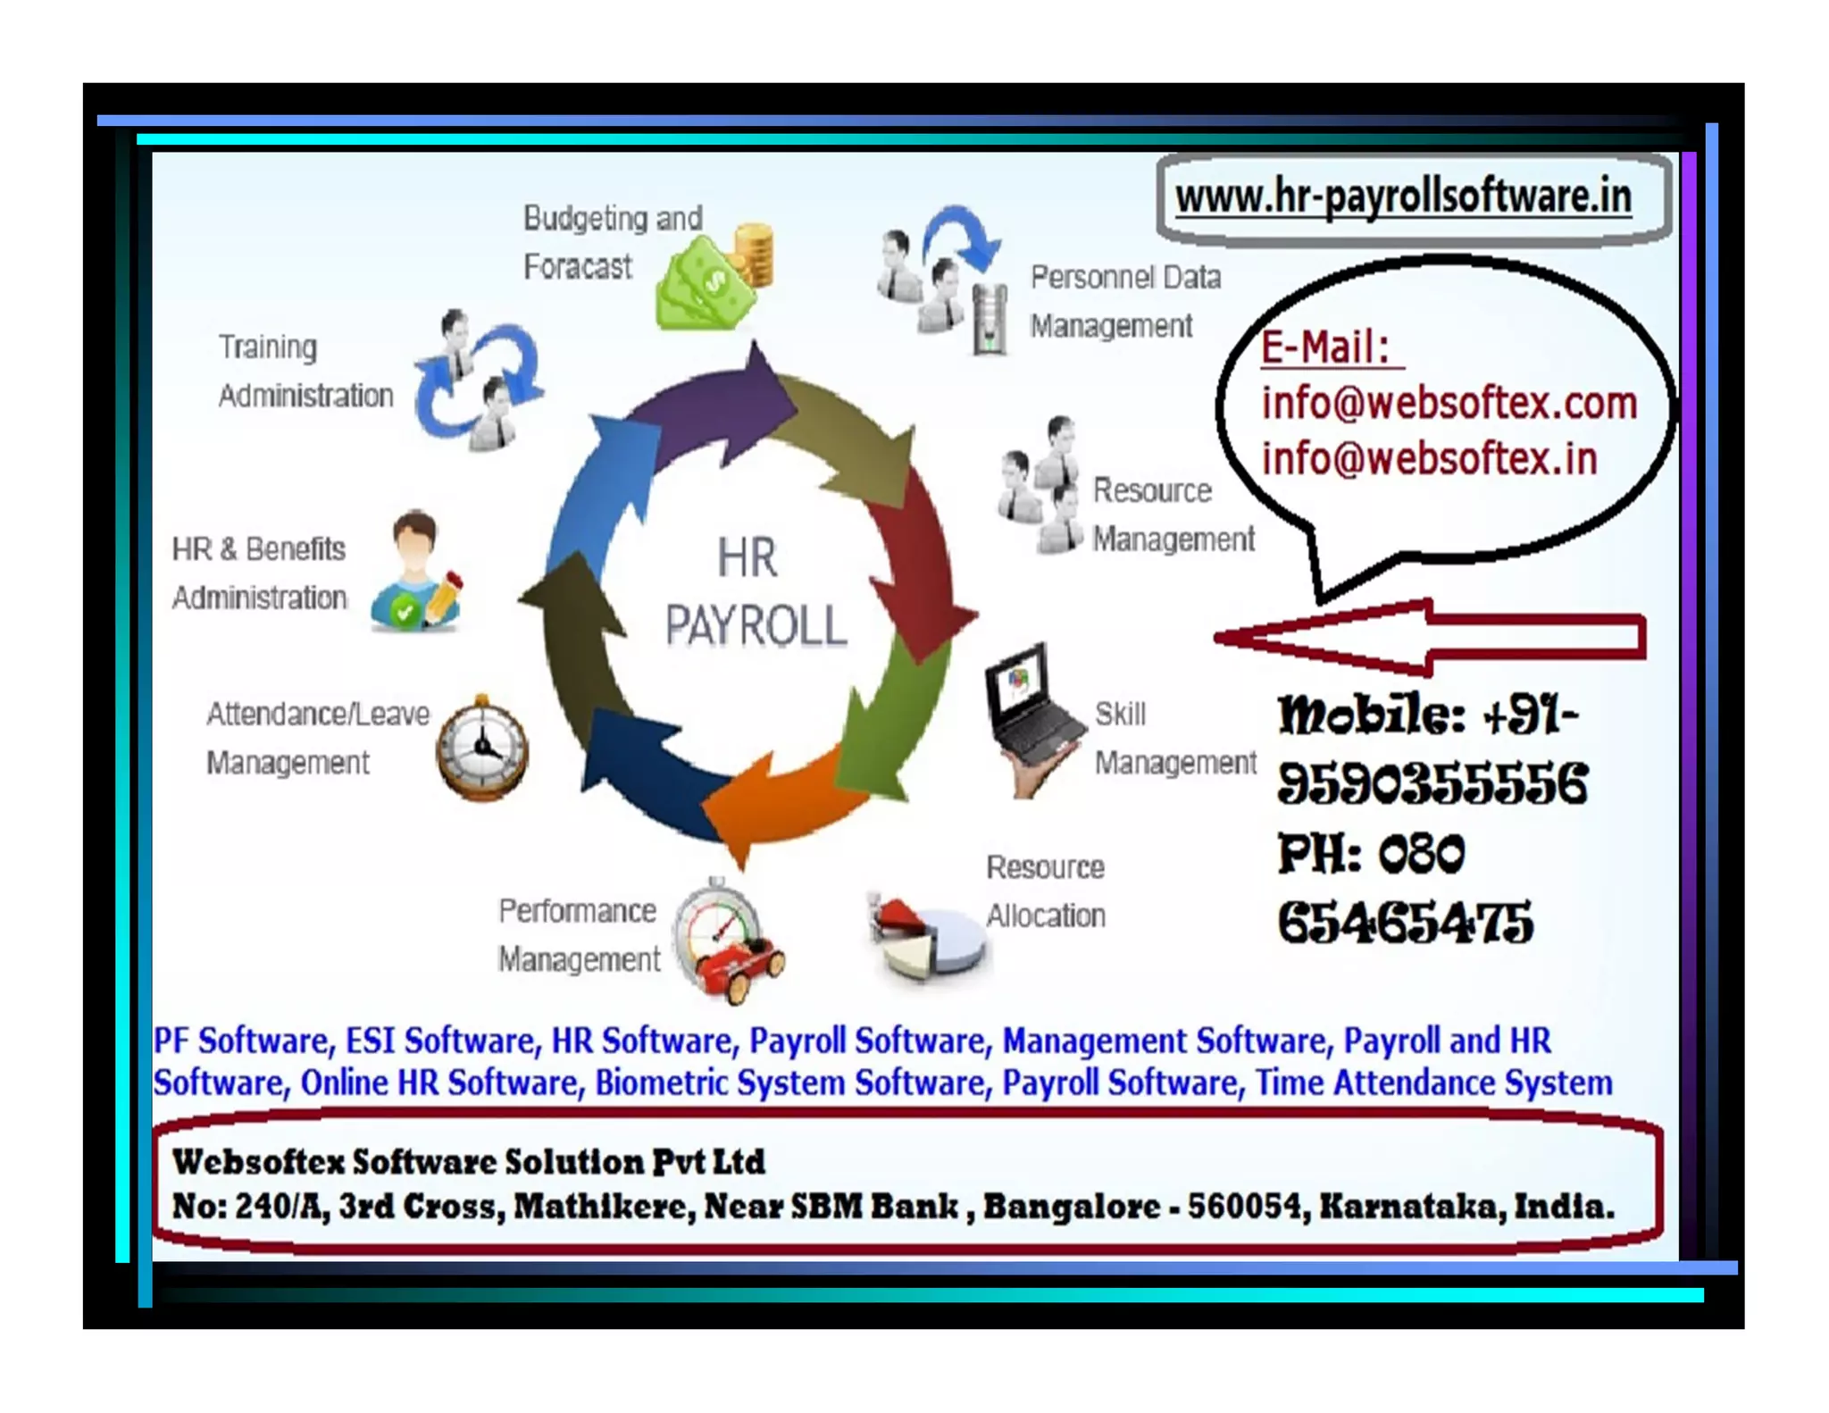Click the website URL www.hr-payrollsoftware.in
1402,196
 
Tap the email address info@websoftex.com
1449,403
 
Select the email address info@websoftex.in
1429,459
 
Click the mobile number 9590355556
1432,784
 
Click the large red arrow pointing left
1429,637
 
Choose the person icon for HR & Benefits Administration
416,572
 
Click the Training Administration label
305,371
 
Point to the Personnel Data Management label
1124,301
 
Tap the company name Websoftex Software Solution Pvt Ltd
468,1162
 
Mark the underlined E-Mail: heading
1326,347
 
